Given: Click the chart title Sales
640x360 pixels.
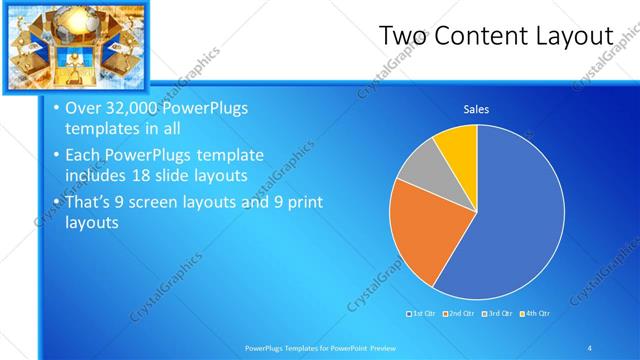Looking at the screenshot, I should [x=475, y=109].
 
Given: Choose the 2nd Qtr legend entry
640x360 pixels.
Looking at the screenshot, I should [x=458, y=313].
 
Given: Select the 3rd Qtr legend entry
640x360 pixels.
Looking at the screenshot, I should [x=496, y=313].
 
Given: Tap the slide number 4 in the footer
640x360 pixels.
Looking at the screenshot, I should [x=590, y=347].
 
